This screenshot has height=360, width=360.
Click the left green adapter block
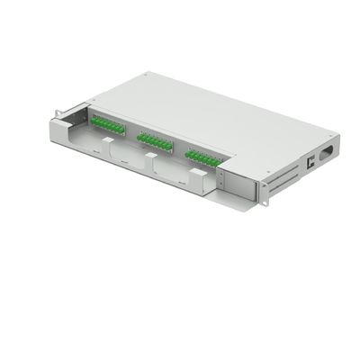tap(105, 125)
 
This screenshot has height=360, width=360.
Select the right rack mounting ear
tap(262, 189)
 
